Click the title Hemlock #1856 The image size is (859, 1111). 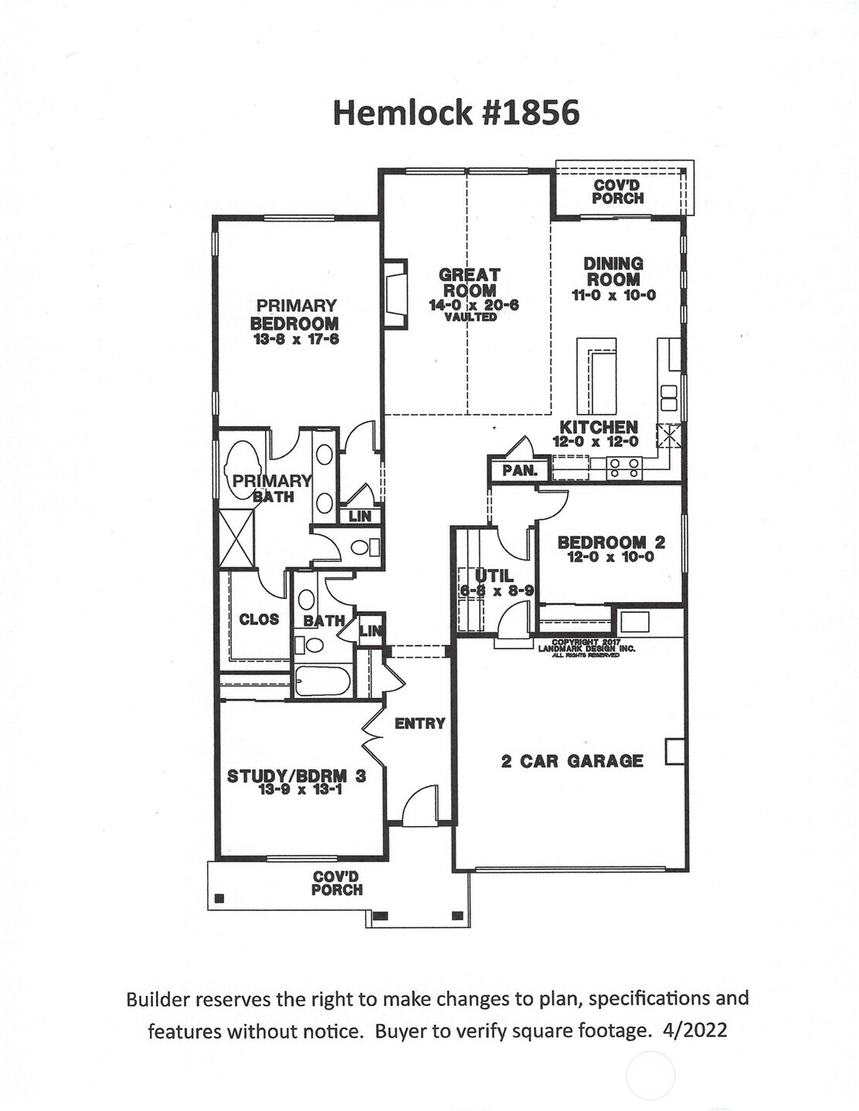point(456,113)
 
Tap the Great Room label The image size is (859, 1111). point(470,283)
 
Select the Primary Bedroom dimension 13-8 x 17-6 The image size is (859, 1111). point(296,339)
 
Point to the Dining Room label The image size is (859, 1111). point(613,272)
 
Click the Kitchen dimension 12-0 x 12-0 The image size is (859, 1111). point(596,442)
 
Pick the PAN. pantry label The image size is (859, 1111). point(519,470)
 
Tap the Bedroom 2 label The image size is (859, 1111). point(611,543)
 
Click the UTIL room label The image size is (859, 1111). point(494,576)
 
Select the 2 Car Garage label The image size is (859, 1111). point(572,761)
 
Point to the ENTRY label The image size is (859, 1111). point(419,723)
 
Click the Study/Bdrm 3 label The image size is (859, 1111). point(296,776)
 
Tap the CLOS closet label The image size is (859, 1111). point(259,619)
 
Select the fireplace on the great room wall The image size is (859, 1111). point(396,294)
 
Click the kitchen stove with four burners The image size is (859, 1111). point(623,468)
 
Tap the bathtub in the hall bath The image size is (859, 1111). point(323,681)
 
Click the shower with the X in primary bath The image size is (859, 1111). point(236,539)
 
